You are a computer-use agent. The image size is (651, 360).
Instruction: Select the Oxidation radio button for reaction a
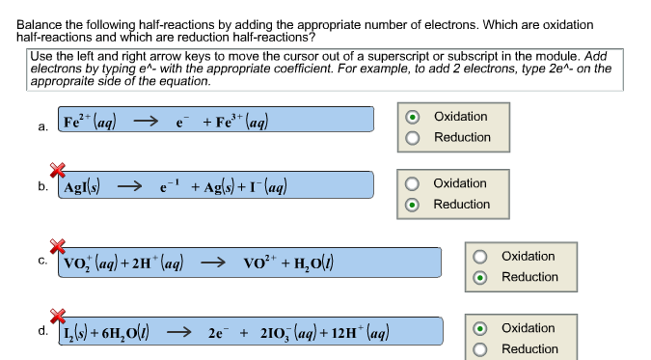click(x=412, y=118)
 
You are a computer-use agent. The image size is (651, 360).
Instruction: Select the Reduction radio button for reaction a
click(x=412, y=138)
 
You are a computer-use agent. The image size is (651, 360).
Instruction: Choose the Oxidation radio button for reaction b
click(x=412, y=184)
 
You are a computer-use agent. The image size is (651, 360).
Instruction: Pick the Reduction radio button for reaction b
click(x=412, y=205)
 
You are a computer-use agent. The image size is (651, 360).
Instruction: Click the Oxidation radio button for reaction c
click(x=480, y=257)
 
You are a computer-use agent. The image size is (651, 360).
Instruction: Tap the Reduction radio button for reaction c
click(x=480, y=278)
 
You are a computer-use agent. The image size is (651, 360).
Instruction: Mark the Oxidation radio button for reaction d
click(x=480, y=329)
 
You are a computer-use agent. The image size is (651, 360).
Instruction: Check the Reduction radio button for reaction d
click(x=480, y=349)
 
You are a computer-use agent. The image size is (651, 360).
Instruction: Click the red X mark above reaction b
click(x=57, y=171)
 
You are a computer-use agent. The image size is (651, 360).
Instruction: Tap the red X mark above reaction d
click(x=57, y=316)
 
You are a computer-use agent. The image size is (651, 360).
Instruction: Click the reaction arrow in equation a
click(x=145, y=123)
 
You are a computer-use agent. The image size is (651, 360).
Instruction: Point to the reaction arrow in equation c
click(x=213, y=263)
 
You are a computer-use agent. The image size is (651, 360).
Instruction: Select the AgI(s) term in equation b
click(x=85, y=187)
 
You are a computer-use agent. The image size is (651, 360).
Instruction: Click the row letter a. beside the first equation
click(x=43, y=125)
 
